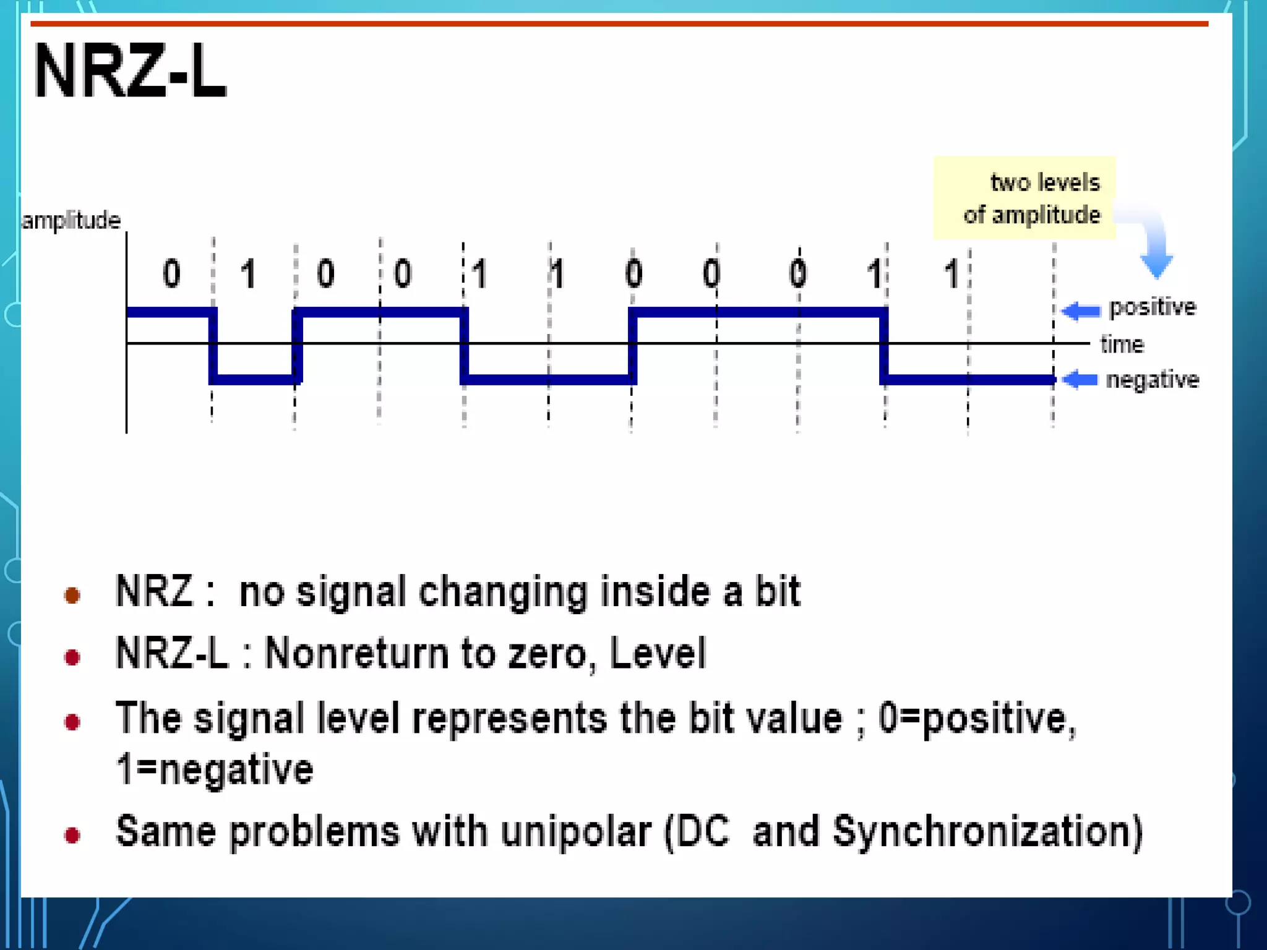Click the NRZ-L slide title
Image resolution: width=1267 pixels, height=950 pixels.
pos(130,72)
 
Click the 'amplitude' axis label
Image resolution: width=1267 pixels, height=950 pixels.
pos(71,220)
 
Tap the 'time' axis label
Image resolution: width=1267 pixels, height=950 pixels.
pos(1122,344)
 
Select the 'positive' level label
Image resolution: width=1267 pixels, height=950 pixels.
pos(1152,307)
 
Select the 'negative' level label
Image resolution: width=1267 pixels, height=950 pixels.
pos(1152,379)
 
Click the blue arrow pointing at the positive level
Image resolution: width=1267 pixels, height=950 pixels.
pos(1081,310)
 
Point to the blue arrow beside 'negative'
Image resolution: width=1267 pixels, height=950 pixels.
pos(1080,379)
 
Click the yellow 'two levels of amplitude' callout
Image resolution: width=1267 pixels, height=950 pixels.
pos(1024,198)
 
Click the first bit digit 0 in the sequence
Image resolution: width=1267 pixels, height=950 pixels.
pos(171,273)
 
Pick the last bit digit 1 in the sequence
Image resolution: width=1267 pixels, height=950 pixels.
pos(951,273)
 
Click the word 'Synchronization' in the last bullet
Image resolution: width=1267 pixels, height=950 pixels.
pos(987,831)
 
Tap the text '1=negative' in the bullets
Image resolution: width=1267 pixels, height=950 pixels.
pos(215,770)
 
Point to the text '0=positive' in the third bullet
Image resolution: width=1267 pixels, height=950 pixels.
pos(977,719)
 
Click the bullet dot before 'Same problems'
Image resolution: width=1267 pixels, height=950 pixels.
pos(72,836)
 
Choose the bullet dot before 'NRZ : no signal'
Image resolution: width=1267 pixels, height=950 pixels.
pos(72,595)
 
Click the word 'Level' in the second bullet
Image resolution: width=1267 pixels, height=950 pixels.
pos(658,653)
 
